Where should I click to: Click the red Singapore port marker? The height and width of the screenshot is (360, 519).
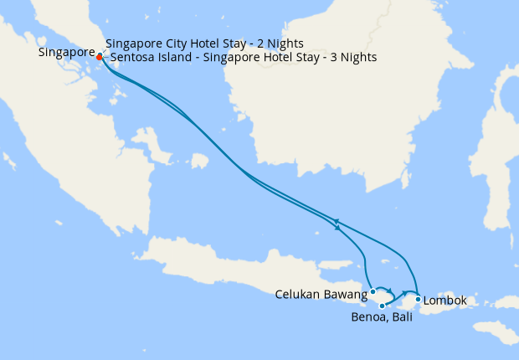[100, 57]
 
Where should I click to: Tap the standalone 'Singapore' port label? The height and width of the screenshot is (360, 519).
[66, 53]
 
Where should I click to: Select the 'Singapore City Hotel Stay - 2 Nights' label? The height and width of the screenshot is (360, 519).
[204, 43]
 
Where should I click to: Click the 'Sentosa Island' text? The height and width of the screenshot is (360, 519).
[147, 58]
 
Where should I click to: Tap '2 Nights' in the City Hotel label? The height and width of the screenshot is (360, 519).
[278, 43]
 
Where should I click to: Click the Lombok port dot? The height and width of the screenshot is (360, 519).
[418, 299]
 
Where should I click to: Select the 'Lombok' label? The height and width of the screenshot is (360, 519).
[445, 300]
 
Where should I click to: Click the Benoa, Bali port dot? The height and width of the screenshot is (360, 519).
[382, 306]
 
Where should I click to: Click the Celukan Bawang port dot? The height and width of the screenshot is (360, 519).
[373, 292]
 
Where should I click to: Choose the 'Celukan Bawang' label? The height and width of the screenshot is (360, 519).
[321, 294]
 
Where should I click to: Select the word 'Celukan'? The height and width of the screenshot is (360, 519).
[297, 294]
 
